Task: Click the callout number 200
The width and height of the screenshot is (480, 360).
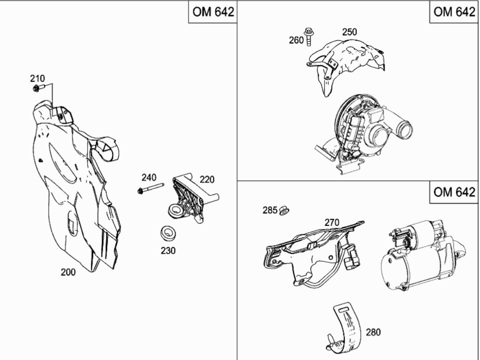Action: click(68, 272)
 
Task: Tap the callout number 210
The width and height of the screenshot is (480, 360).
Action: click(37, 79)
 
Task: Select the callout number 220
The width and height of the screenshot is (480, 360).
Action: click(207, 180)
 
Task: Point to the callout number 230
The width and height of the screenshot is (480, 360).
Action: click(168, 251)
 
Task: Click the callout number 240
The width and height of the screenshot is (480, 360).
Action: click(149, 177)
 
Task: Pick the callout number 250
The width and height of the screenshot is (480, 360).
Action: click(349, 32)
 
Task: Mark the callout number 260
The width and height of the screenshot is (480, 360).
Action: click(296, 40)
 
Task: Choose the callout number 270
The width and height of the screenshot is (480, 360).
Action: click(332, 222)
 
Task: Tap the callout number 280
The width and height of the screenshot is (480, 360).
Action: click(373, 332)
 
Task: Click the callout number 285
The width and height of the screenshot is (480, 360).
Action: click(270, 210)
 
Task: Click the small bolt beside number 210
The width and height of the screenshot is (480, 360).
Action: click(39, 88)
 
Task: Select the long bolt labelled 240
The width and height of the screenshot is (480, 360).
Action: click(151, 188)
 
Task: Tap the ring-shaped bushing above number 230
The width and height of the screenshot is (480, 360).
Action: click(168, 233)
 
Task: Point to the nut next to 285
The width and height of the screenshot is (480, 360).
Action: click(284, 210)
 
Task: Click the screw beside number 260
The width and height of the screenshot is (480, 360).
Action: click(309, 36)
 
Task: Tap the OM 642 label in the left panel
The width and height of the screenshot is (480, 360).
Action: click(213, 12)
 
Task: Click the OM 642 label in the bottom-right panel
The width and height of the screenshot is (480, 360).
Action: click(454, 192)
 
